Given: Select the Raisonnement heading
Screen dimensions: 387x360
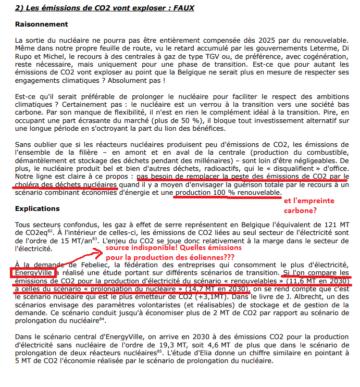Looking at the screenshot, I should point(42,24).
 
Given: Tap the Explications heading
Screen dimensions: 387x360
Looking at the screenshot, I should point(38,208).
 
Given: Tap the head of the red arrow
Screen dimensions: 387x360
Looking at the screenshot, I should point(97,253).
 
